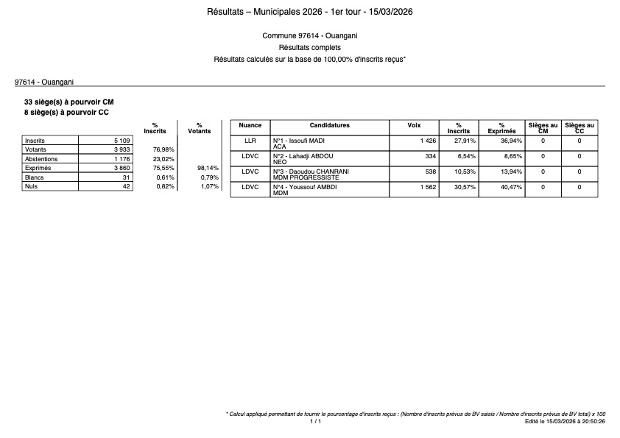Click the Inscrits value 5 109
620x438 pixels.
pyautogui.click(x=121, y=140)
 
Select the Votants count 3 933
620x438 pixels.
pyautogui.click(x=121, y=149)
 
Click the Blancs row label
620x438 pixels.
pyautogui.click(x=34, y=177)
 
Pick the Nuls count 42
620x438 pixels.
pyautogui.click(x=126, y=187)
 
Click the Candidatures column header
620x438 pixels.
pyautogui.click(x=329, y=126)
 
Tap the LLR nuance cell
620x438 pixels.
pyautogui.click(x=250, y=140)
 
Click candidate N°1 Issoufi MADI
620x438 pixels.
pyautogui.click(x=299, y=140)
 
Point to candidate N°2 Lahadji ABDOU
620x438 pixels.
pyautogui.click(x=303, y=156)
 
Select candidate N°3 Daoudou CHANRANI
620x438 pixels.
pyautogui.click(x=310, y=172)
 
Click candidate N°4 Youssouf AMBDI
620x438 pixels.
pyautogui.click(x=304, y=187)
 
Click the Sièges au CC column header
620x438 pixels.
pyautogui.click(x=580, y=128)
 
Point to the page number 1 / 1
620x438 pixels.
pyautogui.click(x=315, y=422)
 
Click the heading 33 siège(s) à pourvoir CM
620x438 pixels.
pyautogui.click(x=69, y=102)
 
